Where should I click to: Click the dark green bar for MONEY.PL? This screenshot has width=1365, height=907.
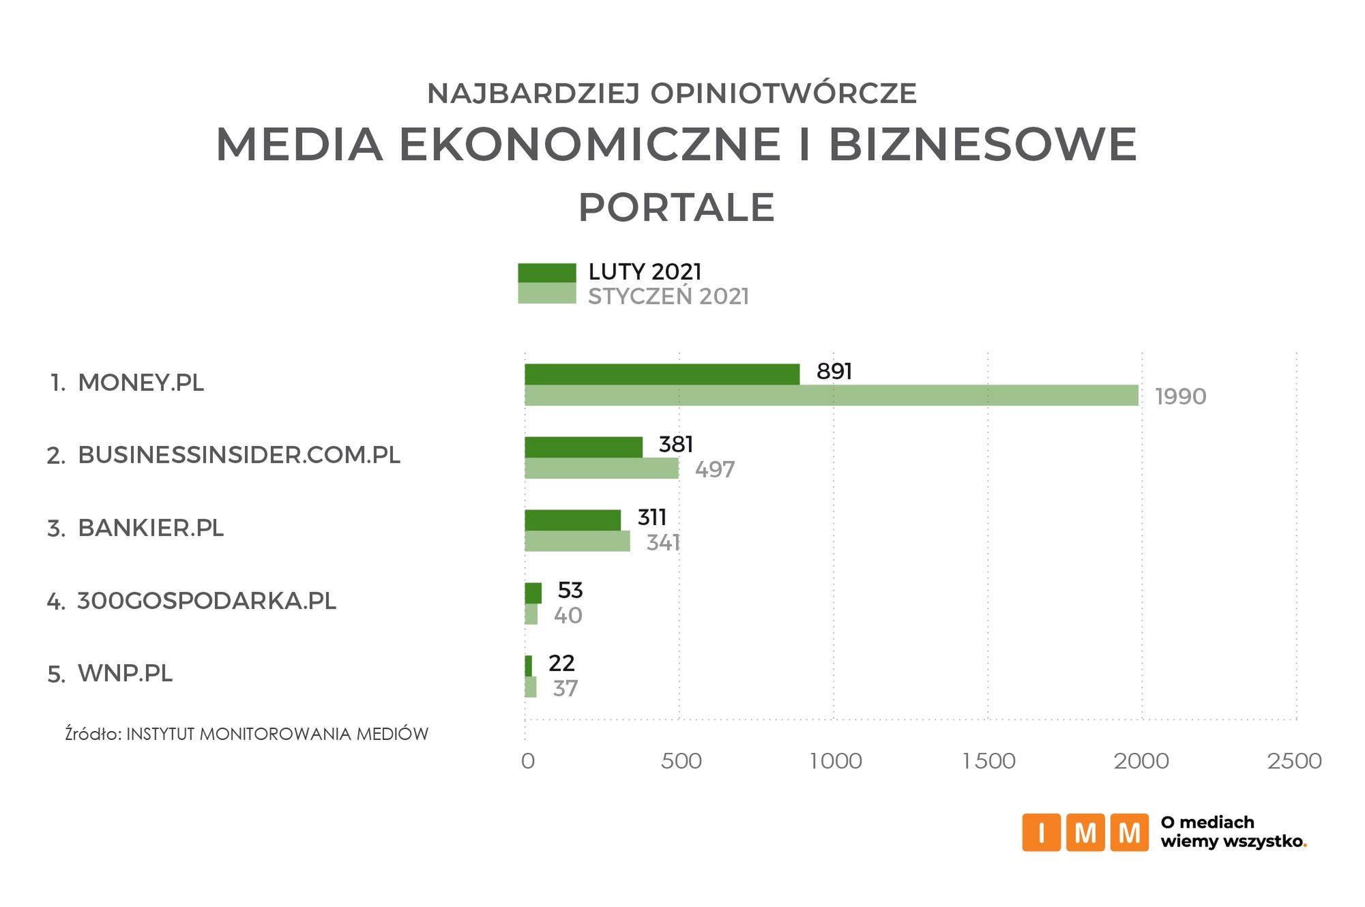point(662,374)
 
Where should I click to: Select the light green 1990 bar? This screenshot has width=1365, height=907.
point(831,396)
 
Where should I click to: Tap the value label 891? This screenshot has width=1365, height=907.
point(834,371)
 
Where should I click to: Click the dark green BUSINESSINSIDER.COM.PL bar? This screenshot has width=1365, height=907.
point(583,447)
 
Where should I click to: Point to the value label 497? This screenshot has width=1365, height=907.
point(715,469)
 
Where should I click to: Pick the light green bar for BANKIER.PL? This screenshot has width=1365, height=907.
point(577,541)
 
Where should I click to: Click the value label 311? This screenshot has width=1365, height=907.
point(651,518)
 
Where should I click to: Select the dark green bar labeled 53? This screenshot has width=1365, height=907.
point(533,593)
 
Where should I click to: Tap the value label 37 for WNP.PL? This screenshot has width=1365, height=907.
point(566,688)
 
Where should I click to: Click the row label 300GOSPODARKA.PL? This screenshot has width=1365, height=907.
point(206,601)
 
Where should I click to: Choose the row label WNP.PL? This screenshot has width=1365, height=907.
point(125,673)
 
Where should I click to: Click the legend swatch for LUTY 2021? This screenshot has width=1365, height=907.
point(546,273)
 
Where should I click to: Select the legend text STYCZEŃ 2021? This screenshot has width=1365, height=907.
point(668,297)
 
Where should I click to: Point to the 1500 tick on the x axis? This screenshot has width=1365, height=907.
point(988,761)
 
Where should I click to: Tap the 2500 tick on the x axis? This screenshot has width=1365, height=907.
point(1294,761)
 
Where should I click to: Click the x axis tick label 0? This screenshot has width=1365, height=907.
point(527,761)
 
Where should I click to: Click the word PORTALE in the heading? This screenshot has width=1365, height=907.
point(676,207)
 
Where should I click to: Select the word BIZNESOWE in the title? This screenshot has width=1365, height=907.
point(982,145)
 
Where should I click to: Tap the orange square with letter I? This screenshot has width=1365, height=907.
point(1040,832)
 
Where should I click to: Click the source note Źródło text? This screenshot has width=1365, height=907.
point(246,734)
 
